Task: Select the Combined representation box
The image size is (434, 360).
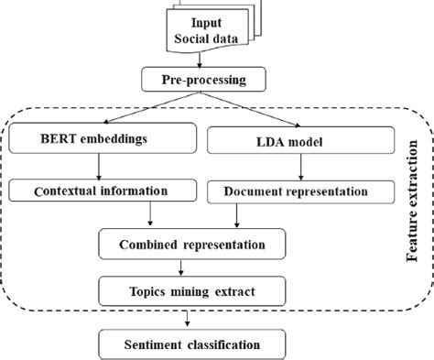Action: (x=192, y=245)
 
